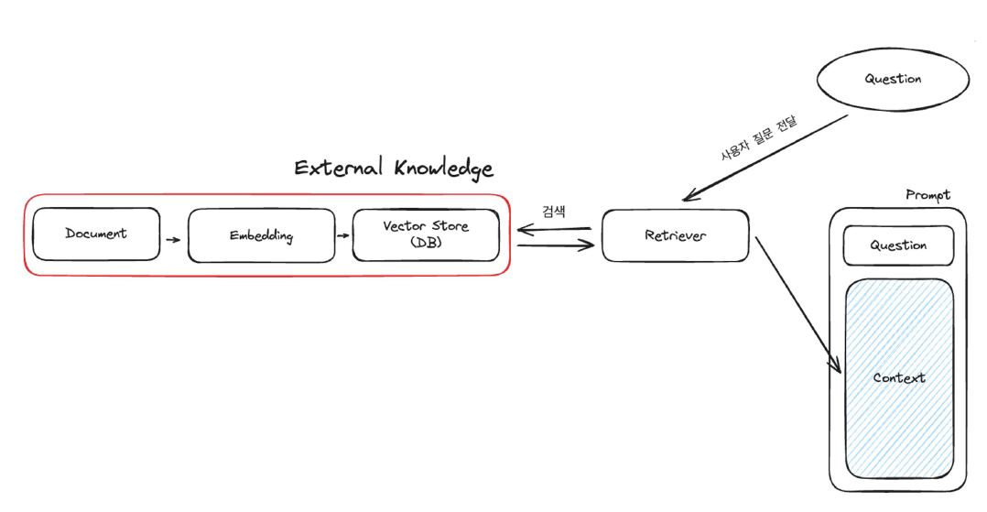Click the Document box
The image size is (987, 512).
pos(96,234)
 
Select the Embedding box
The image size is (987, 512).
pos(261,235)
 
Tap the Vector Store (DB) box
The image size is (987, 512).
pos(426,234)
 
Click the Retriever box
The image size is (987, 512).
pos(675,235)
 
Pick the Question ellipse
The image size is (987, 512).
pos(893,79)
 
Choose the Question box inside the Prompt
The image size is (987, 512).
pos(898,245)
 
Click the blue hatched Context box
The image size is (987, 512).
pos(898,376)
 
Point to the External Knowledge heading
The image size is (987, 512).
pos(394,169)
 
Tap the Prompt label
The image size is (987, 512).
pos(927,194)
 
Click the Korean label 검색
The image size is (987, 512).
pos(554,212)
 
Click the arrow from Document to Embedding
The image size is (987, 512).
pos(173,240)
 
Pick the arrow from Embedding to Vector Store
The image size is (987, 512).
pos(343,235)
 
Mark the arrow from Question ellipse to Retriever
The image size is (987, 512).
pos(765,157)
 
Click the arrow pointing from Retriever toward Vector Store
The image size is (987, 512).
pos(553,229)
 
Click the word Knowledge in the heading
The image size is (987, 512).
pos(444,169)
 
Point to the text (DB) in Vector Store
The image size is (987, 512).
pos(425,242)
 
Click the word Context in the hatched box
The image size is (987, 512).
pos(899,377)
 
